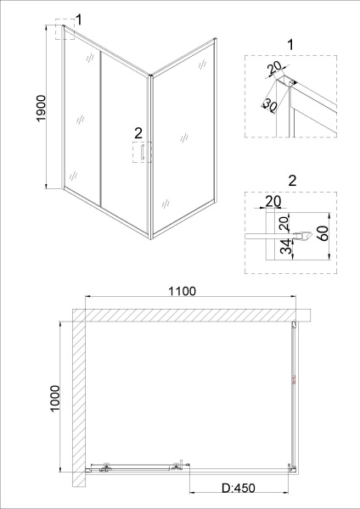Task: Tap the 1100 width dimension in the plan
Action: click(182, 292)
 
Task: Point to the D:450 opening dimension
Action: click(239, 488)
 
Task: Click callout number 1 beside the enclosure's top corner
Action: click(78, 20)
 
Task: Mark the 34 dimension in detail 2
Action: click(286, 247)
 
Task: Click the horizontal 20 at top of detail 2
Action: click(272, 201)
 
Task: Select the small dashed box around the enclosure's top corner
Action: click(65, 32)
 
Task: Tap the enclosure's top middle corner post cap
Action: click(151, 77)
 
